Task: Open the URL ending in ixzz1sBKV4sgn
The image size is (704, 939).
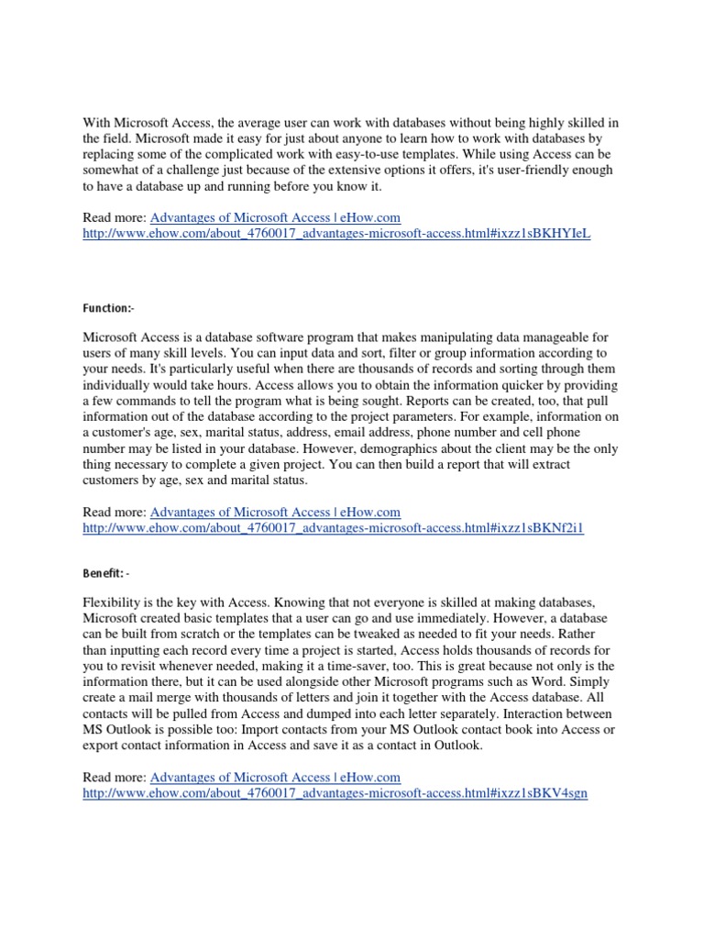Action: (x=335, y=792)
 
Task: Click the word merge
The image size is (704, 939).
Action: (x=168, y=696)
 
